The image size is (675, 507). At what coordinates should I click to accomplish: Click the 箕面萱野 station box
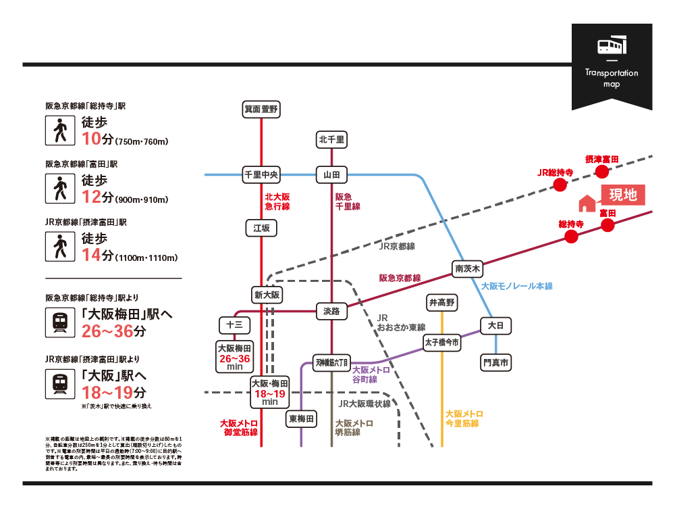261,109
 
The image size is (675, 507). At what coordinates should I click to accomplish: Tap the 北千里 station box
331,140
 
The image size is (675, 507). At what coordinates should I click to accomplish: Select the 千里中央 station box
261,175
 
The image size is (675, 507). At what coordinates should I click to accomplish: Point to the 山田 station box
331,175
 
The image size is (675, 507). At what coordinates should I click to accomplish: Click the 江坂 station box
261,228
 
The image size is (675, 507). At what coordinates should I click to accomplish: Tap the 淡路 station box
331,312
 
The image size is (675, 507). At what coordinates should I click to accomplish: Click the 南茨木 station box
468,268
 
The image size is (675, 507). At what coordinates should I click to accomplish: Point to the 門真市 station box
496,364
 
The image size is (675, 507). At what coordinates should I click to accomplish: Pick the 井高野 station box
442,301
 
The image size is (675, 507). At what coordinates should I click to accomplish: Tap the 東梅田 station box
301,419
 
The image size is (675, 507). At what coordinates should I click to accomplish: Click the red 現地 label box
623,195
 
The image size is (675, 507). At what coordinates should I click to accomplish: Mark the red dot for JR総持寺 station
558,186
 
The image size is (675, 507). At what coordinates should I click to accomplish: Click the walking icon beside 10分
61,130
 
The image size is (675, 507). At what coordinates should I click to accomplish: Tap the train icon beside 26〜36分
61,323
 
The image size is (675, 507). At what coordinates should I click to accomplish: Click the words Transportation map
612,78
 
